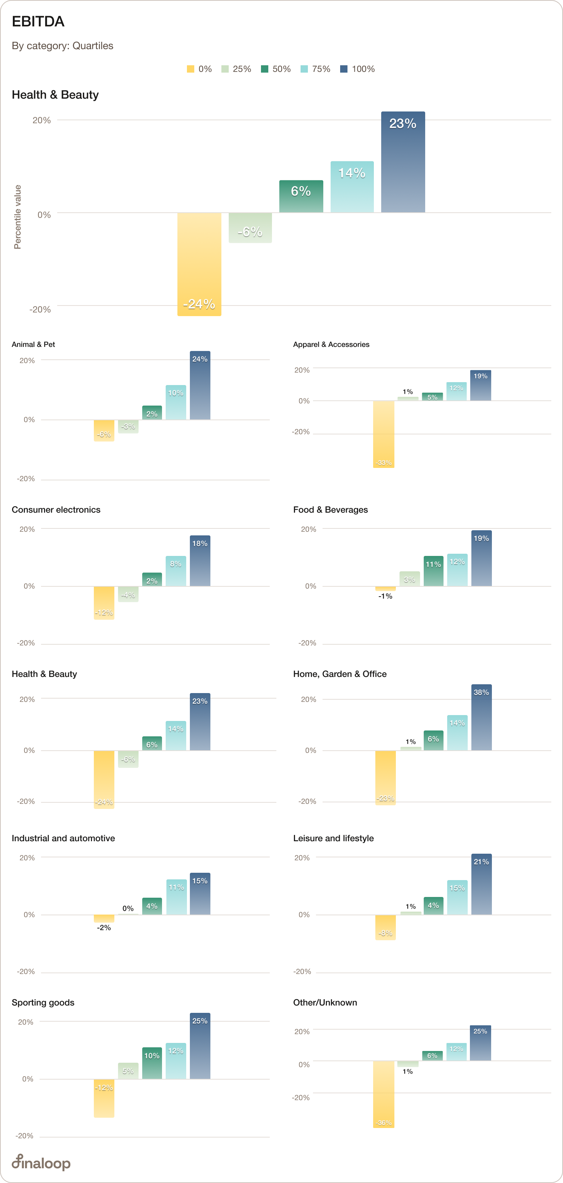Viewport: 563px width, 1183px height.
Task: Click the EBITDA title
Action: click(x=38, y=22)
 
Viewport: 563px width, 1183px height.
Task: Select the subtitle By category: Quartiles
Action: click(x=62, y=46)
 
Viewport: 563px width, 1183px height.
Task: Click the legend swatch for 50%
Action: click(x=264, y=69)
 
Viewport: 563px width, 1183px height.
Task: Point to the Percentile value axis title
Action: click(x=18, y=217)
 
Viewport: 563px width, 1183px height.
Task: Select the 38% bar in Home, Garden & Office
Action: click(x=481, y=717)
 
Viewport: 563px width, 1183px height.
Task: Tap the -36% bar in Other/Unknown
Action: click(x=384, y=1094)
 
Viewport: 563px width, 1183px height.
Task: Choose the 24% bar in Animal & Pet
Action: click(x=200, y=385)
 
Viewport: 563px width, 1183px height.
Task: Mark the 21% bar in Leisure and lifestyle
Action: click(x=481, y=884)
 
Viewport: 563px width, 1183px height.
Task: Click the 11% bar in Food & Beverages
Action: click(x=433, y=571)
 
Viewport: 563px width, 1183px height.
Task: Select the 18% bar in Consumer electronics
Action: click(x=200, y=561)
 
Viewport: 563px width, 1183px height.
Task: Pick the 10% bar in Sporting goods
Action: click(x=152, y=1063)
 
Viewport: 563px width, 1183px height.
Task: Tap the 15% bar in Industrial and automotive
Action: click(x=200, y=894)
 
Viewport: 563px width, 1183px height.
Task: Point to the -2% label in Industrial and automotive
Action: click(x=104, y=928)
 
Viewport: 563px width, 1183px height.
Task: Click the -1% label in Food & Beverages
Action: click(x=385, y=596)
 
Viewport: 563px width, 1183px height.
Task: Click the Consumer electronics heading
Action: click(x=56, y=510)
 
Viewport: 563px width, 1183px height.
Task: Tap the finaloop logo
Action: click(x=41, y=1162)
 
